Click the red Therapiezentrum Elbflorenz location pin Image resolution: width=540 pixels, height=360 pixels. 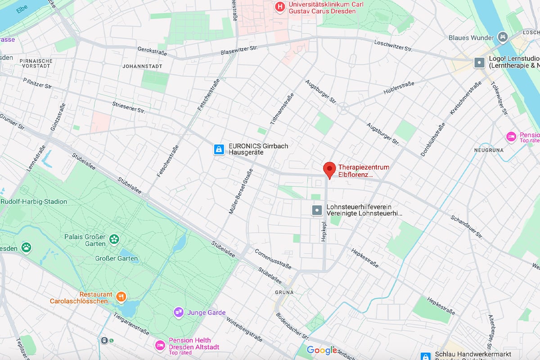(x=330, y=170)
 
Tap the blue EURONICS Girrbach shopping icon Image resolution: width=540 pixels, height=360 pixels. (x=219, y=149)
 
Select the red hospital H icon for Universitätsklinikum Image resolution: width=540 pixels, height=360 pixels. (x=280, y=7)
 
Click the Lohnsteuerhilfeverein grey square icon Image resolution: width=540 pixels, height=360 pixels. (x=317, y=210)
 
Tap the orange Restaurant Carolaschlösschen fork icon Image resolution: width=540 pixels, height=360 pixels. (x=121, y=297)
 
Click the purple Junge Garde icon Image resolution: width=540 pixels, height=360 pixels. (x=179, y=312)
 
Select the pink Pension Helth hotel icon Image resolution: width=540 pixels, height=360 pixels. (x=160, y=345)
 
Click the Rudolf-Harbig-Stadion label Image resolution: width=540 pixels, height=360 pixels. (x=34, y=202)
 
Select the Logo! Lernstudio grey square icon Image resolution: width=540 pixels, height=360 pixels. (x=480, y=62)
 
